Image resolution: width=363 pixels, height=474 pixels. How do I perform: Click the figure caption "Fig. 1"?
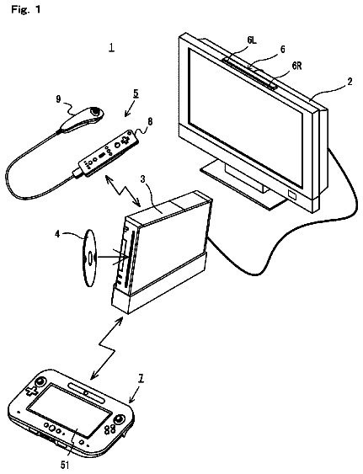25,9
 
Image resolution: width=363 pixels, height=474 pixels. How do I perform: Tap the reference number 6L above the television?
252,40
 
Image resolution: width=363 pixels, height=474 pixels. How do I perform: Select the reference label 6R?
296,66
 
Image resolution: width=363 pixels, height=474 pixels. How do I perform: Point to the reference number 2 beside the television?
349,82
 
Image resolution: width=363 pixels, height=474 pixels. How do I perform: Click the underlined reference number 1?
112,47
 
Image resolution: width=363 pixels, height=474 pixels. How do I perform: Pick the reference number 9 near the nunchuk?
58,99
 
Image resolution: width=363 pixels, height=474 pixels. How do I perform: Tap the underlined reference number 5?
136,93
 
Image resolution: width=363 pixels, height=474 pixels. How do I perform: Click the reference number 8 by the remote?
150,121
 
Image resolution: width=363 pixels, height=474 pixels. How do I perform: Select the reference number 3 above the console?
143,179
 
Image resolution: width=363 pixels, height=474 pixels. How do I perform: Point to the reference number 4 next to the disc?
57,234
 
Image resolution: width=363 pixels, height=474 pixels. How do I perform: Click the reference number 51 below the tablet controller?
65,465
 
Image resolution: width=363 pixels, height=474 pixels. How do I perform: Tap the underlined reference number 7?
141,379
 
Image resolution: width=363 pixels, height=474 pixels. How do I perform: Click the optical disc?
90,258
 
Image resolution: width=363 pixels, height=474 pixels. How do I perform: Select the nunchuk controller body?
81,119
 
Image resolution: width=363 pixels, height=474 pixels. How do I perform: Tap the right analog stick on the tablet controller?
120,419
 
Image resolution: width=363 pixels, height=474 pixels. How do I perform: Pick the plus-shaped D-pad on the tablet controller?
32,391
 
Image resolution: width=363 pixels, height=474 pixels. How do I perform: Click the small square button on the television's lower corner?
293,194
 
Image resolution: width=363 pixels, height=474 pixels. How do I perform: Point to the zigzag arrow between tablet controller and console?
107,348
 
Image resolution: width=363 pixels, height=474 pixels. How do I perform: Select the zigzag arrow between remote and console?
121,190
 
